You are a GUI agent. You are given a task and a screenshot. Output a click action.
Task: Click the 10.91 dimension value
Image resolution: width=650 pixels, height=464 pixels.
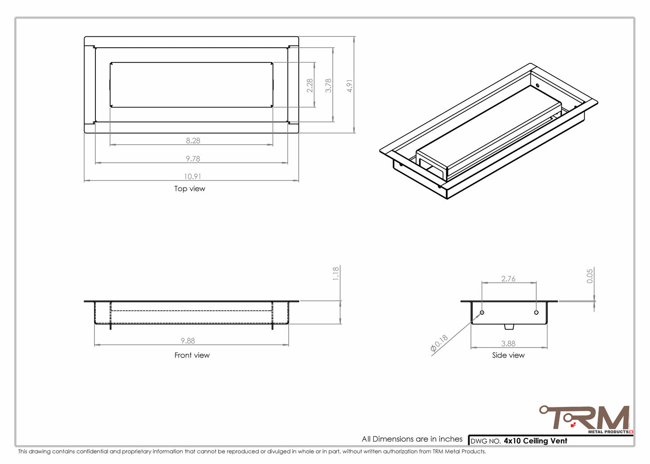click(193, 177)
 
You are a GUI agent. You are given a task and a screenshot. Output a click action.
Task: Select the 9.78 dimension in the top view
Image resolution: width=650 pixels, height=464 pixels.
click(193, 159)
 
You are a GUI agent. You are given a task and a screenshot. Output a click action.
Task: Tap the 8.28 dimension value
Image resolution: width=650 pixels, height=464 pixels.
click(193, 141)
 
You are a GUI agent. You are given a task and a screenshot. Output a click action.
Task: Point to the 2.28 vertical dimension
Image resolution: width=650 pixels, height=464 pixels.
click(310, 85)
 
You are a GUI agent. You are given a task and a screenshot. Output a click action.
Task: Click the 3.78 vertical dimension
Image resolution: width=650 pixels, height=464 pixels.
click(328, 85)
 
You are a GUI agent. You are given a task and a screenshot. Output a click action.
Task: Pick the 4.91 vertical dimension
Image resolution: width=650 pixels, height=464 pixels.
click(350, 86)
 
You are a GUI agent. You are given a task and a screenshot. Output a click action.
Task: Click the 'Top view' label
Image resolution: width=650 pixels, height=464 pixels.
click(190, 189)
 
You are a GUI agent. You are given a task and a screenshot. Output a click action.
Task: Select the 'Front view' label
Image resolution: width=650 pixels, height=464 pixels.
click(192, 355)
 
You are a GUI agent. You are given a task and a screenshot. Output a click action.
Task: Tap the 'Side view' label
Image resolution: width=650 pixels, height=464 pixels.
click(508, 355)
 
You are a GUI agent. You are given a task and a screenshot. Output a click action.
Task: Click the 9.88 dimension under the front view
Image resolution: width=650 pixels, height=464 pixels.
click(188, 341)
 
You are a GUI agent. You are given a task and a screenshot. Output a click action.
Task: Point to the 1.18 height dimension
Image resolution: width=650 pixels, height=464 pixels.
click(336, 274)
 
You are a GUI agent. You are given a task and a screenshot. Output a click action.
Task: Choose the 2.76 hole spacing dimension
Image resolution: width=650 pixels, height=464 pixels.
click(508, 279)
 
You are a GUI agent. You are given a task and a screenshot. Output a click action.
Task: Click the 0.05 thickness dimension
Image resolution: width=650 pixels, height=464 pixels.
click(590, 276)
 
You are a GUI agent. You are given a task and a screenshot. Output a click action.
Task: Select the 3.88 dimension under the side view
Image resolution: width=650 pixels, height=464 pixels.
click(508, 344)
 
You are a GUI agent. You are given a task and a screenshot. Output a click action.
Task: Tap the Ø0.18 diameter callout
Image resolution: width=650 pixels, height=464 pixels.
click(439, 344)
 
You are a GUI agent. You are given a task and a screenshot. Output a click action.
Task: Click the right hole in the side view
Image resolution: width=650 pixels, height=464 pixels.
click(536, 312)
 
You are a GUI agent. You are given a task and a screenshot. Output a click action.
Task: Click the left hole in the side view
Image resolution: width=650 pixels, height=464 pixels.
click(482, 312)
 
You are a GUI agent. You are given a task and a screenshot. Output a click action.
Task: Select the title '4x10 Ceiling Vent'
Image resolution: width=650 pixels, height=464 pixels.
click(535, 441)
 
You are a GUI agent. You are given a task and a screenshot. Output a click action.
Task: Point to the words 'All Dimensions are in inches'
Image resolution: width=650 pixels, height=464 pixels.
click(412, 439)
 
